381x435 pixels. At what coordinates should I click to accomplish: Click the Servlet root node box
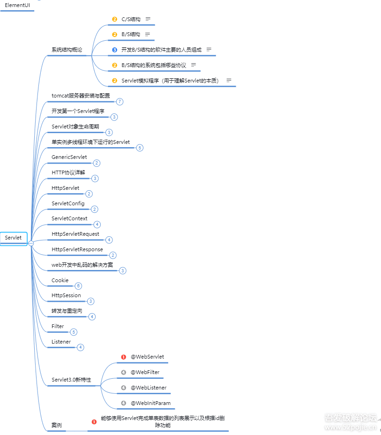[x=14, y=238]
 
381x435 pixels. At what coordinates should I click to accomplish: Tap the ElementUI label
[x=17, y=5]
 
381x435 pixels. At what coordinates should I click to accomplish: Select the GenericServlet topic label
[x=69, y=157]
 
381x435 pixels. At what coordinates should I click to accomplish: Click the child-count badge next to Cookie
[x=78, y=286]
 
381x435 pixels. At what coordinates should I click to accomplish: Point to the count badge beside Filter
[x=74, y=332]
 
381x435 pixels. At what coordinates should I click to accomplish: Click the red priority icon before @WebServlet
[x=124, y=357]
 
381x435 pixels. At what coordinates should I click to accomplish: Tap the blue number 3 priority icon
[x=114, y=50]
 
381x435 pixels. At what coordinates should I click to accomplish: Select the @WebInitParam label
[x=150, y=403]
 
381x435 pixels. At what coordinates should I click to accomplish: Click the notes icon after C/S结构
[x=148, y=19]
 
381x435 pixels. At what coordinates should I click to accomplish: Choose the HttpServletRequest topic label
[x=75, y=234]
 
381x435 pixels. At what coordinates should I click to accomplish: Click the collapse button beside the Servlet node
[x=31, y=243]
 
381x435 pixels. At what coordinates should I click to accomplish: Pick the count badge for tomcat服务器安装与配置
[x=120, y=102]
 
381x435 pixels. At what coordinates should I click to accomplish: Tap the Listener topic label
[x=61, y=342]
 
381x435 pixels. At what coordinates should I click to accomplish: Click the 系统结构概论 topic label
[x=67, y=50]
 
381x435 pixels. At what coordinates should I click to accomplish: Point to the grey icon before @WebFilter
[x=124, y=372]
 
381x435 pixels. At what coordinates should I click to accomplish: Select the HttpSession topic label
[x=66, y=295]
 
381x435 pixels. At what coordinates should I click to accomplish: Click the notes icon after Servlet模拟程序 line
[x=229, y=81]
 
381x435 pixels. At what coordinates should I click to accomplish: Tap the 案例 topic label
[x=57, y=425]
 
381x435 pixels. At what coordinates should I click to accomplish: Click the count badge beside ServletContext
[x=97, y=224]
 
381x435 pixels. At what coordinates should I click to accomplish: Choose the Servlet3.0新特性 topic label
[x=71, y=380]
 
